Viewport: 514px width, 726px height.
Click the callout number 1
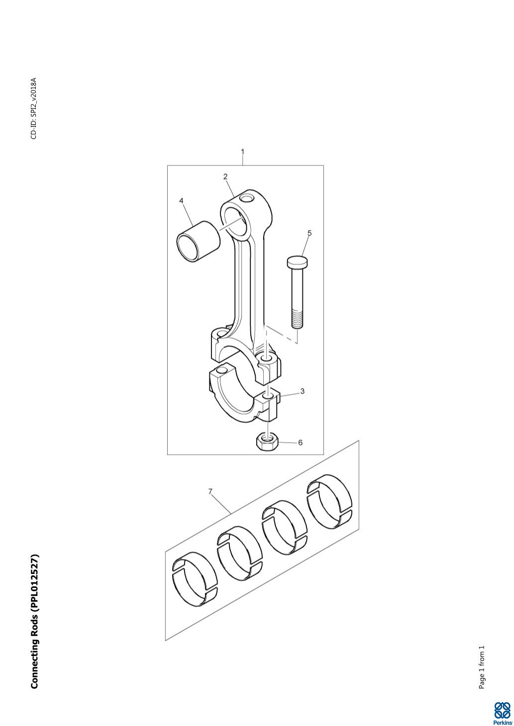click(x=242, y=152)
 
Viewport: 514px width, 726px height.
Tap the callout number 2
click(x=225, y=176)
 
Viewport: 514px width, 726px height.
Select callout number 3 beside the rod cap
click(x=302, y=391)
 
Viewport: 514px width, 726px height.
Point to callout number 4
click(x=181, y=201)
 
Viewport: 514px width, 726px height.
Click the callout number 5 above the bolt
click(x=309, y=233)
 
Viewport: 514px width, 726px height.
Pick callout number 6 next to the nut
click(x=300, y=442)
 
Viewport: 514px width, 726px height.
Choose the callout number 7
click(x=210, y=491)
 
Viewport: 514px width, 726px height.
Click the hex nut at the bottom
click(x=266, y=442)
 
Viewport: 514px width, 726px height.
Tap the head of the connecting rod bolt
click(x=298, y=262)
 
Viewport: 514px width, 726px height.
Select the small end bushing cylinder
click(x=198, y=242)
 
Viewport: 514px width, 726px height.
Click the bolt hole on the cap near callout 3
click(x=268, y=396)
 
